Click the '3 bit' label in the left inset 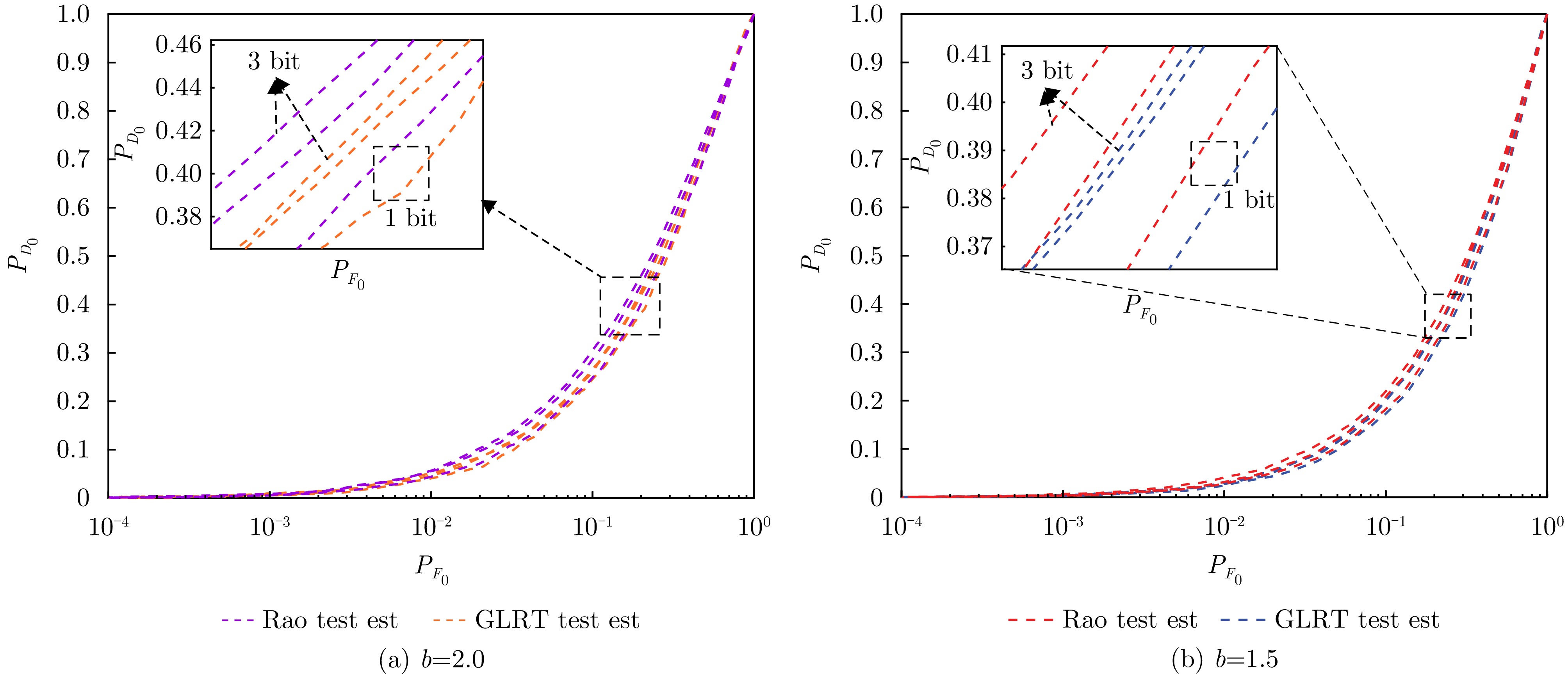274,61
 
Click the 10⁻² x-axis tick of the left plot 431,527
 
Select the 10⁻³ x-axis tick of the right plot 1063,527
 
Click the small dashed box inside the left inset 401,173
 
